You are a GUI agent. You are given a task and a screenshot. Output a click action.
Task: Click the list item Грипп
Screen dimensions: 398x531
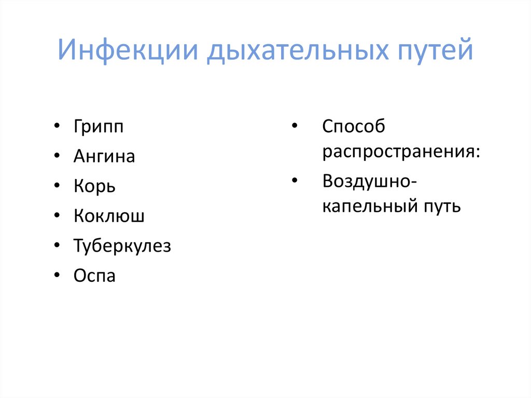pyautogui.click(x=99, y=127)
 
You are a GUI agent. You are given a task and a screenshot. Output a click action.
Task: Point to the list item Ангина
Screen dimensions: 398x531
pyautogui.click(x=104, y=157)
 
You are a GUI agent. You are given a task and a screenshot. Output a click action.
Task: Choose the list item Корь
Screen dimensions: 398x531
pyautogui.click(x=94, y=186)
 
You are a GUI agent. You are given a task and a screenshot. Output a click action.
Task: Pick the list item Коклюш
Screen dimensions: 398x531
pyautogui.click(x=109, y=216)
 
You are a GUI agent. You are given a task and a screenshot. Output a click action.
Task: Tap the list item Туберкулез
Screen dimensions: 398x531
pyautogui.click(x=122, y=246)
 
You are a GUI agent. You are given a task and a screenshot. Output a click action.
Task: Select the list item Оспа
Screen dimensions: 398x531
pyautogui.click(x=94, y=276)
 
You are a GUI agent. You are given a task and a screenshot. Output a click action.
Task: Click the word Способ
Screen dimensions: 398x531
pyautogui.click(x=354, y=127)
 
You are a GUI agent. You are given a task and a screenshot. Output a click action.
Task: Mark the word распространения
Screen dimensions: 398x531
pyautogui.click(x=401, y=153)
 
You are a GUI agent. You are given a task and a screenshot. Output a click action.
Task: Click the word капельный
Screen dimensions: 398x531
pyautogui.click(x=368, y=207)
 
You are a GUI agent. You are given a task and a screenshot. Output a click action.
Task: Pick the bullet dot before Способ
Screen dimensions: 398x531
pyautogui.click(x=294, y=126)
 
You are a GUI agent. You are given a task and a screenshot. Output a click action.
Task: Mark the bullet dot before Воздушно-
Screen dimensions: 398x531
pyautogui.click(x=294, y=181)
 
